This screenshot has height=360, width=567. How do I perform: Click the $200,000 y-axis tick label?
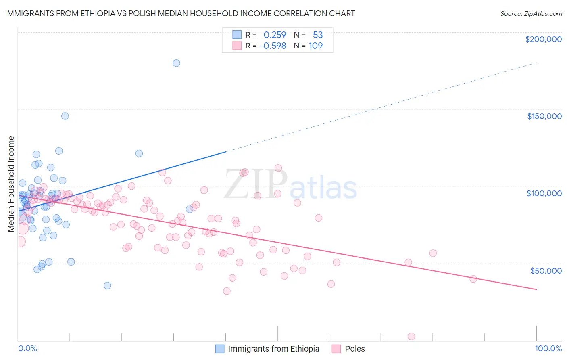point(543,39)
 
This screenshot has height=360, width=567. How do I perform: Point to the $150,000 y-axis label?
point(544,116)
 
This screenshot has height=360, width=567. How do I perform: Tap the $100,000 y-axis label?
point(544,193)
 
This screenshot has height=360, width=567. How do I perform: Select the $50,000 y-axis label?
point(546,270)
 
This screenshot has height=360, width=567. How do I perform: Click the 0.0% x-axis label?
point(27,349)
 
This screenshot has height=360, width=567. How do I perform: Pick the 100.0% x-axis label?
point(548,349)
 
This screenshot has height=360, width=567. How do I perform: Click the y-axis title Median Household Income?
point(11,184)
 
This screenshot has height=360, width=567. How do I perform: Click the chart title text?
point(180,13)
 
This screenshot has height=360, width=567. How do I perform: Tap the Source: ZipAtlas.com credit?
point(531,14)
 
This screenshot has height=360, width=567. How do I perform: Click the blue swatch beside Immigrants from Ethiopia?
point(220,349)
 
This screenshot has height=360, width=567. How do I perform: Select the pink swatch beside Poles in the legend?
point(336,349)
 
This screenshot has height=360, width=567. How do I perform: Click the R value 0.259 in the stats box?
point(275,35)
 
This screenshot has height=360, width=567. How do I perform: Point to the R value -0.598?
point(273,46)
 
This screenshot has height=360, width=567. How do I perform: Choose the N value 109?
point(316,46)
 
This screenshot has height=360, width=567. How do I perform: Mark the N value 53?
point(318,35)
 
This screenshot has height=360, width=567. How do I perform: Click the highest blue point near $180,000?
point(176,63)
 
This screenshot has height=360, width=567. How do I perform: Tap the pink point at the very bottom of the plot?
point(411,337)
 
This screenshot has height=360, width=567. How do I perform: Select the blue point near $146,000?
point(65,116)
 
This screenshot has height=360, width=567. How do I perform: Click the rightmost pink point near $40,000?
point(473,279)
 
